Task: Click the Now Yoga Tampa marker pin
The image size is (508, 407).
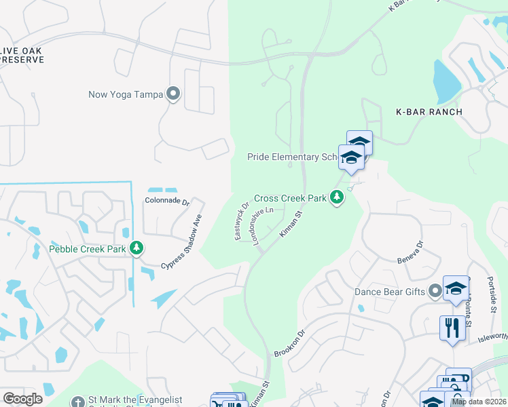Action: (173, 94)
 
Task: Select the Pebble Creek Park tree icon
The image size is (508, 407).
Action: (137, 249)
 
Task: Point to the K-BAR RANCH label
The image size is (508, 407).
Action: (429, 112)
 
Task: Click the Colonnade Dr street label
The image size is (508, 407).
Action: (166, 201)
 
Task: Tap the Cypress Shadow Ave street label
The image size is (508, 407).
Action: (181, 241)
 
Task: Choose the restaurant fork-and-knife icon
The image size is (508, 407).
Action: (452, 328)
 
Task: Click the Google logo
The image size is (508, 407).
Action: (22, 399)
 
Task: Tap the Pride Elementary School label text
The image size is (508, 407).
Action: (293, 157)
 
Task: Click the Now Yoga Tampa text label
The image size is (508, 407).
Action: (126, 94)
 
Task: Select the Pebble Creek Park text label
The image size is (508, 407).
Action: (88, 249)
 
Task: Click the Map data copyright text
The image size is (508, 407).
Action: (479, 402)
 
